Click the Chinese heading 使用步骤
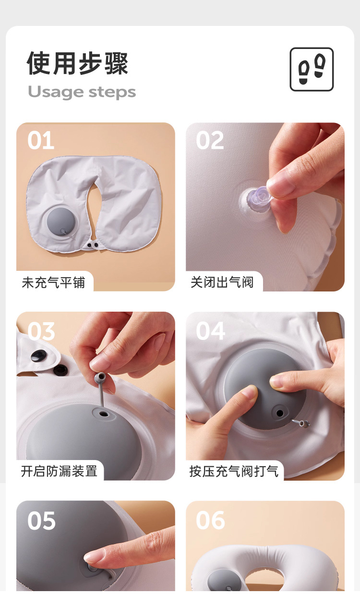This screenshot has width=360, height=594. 77,63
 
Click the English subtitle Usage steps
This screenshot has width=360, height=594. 82,92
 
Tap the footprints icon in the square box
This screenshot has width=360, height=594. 312,69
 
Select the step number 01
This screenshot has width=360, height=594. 40,140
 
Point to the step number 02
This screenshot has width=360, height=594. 210,140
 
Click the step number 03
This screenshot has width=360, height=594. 41,331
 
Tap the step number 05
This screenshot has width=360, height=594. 41,521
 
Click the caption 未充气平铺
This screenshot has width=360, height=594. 53,282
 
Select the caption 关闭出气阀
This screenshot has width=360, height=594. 222,282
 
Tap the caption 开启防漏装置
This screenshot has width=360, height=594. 59,471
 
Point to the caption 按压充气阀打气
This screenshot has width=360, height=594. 234,472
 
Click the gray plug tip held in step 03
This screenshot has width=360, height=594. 100,376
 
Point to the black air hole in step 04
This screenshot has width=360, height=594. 280,413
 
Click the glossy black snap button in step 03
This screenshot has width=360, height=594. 38,355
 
